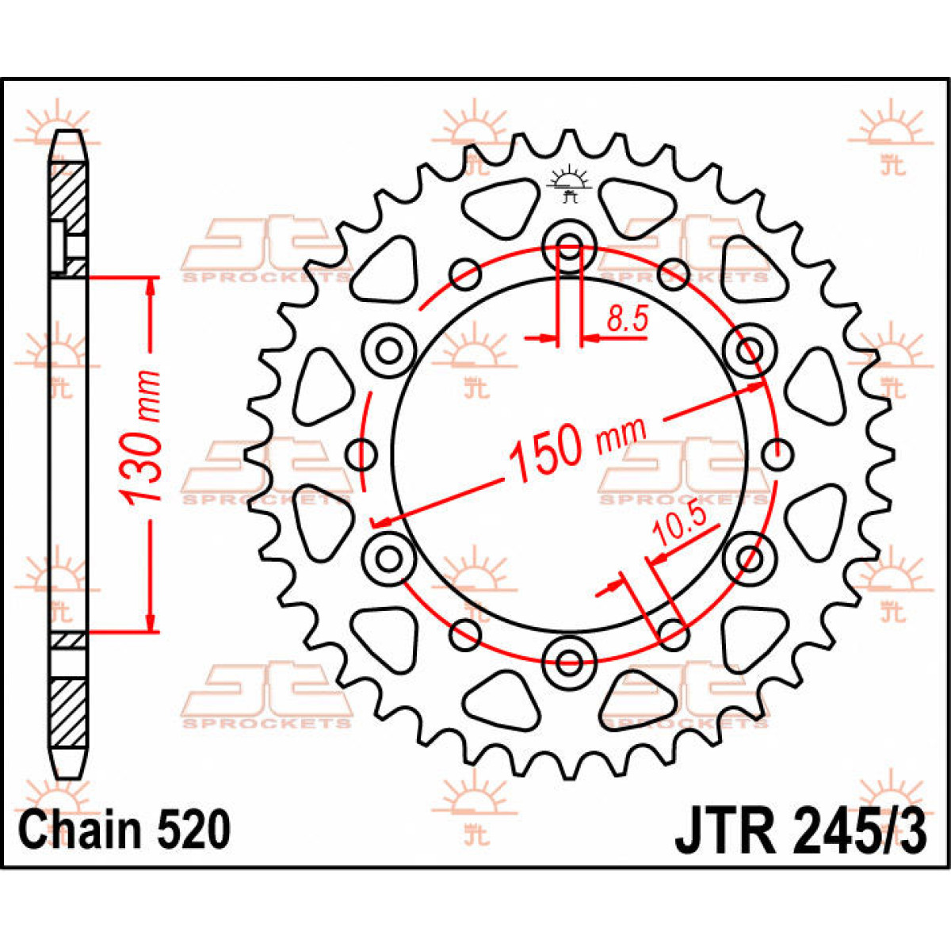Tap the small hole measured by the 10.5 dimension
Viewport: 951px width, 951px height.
coord(673,632)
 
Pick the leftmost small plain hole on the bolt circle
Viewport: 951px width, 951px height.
coord(362,454)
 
